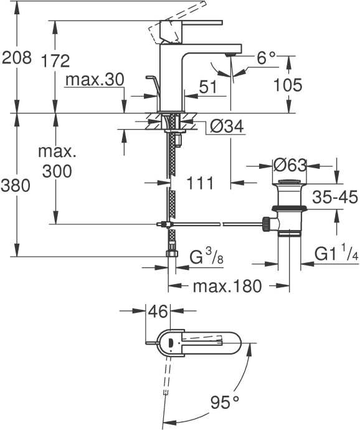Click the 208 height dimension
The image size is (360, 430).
pos(17,59)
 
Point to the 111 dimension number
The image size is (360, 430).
pos(200,183)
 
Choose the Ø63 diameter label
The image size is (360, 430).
pos(291,166)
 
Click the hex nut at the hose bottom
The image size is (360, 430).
pos(170,254)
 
